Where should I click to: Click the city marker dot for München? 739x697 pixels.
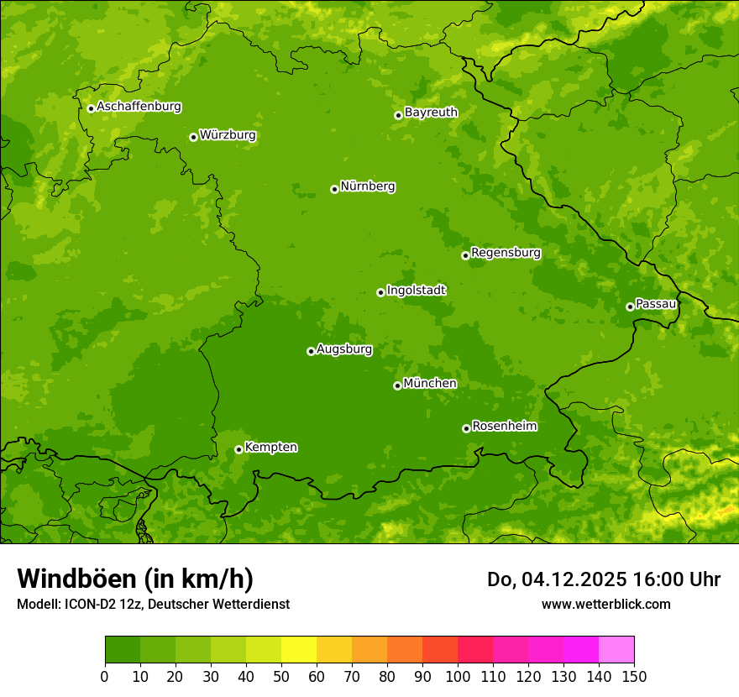tap(397, 385)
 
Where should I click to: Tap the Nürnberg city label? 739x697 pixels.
tap(367, 186)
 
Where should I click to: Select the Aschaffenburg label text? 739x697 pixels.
tap(139, 107)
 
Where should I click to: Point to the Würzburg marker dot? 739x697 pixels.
tap(193, 137)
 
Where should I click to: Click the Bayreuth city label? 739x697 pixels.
tap(431, 112)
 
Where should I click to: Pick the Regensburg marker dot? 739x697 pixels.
tap(465, 255)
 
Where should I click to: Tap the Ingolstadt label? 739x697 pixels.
tap(416, 290)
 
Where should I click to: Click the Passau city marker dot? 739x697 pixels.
tap(630, 307)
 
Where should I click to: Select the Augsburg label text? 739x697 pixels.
tap(343, 348)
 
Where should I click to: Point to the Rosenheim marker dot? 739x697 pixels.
tap(466, 428)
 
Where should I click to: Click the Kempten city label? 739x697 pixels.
tap(270, 447)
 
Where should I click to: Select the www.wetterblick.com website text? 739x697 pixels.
tap(605, 604)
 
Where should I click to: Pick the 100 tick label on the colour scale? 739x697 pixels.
tap(458, 676)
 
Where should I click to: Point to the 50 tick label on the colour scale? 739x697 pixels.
tap(281, 676)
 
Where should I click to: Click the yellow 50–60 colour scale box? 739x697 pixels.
tap(299, 650)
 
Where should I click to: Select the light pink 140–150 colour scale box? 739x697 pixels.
tap(616, 650)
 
